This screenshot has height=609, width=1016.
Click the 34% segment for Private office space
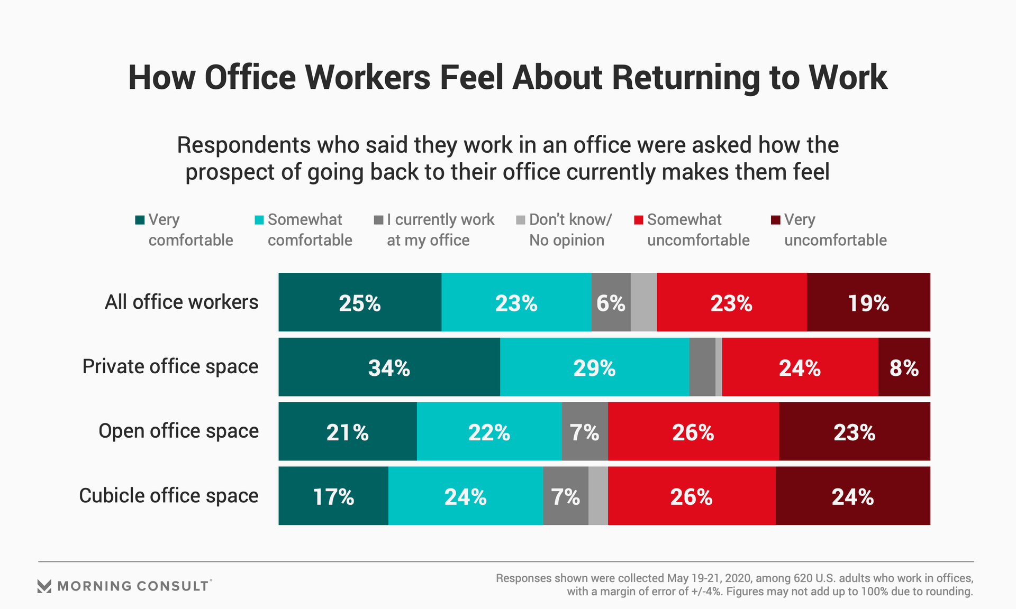point(389,367)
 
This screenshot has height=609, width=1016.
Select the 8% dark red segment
point(904,367)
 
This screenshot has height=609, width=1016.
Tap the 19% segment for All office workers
point(868,302)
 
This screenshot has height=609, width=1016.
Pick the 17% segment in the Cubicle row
point(333,496)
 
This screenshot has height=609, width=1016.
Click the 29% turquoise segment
point(594,367)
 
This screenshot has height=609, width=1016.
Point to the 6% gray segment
point(611,302)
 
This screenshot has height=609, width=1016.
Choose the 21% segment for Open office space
point(347,431)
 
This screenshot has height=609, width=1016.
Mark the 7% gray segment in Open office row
point(584,431)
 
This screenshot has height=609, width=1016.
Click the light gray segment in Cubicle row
point(598,496)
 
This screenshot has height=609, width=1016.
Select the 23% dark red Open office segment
point(854,431)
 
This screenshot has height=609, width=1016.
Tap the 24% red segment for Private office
point(800,367)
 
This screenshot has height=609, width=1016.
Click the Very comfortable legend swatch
point(140,220)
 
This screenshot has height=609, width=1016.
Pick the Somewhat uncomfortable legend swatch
point(639,220)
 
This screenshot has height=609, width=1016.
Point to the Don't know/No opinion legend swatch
point(521,220)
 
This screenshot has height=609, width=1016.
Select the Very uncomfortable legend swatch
point(775,220)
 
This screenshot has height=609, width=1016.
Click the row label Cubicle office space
point(169,496)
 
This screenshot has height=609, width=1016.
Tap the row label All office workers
point(182,302)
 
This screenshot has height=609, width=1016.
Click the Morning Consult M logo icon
point(44,586)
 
